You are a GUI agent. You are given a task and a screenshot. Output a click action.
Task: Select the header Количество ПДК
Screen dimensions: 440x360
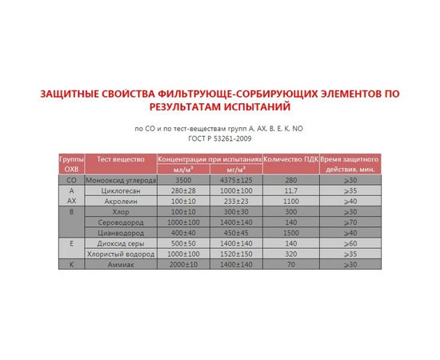point(290,159)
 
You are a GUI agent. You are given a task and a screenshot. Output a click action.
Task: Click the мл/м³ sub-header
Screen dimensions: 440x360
point(184,170)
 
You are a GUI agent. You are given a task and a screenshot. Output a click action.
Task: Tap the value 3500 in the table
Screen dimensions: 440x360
point(184,180)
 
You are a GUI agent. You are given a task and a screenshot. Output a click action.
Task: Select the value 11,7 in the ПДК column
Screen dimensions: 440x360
point(290,191)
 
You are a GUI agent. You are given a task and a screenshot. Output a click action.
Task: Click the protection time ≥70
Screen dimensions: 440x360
point(350,222)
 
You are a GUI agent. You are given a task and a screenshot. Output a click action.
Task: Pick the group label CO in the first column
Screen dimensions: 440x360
point(70,180)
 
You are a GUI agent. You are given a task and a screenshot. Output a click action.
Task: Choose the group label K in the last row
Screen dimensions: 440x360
point(70,263)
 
